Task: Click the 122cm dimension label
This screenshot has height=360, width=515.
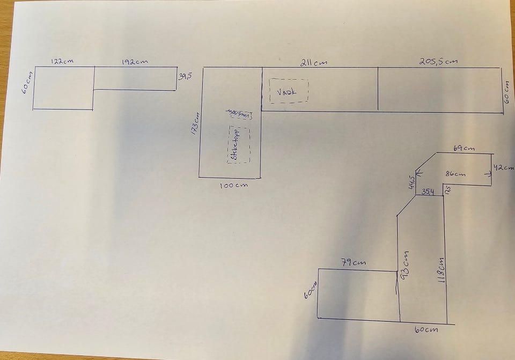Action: pyautogui.click(x=62, y=61)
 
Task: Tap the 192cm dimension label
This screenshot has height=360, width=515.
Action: pyautogui.click(x=134, y=61)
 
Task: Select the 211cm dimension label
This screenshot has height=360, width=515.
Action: pyautogui.click(x=314, y=62)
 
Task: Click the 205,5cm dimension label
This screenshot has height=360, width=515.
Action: pyautogui.click(x=438, y=61)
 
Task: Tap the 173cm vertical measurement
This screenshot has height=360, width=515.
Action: pyautogui.click(x=195, y=123)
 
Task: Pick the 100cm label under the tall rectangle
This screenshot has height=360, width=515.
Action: pyautogui.click(x=234, y=186)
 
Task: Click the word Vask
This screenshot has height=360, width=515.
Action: pyautogui.click(x=285, y=92)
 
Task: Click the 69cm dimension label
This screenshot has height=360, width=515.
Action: pyautogui.click(x=464, y=148)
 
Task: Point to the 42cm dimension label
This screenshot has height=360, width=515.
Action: pyautogui.click(x=503, y=167)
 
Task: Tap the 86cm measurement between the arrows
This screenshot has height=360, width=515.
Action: pyautogui.click(x=455, y=174)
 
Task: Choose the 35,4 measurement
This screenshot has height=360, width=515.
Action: pyautogui.click(x=428, y=192)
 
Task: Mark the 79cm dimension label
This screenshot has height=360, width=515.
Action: pyautogui.click(x=354, y=262)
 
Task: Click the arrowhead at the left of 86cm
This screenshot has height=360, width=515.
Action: pyautogui.click(x=419, y=173)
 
